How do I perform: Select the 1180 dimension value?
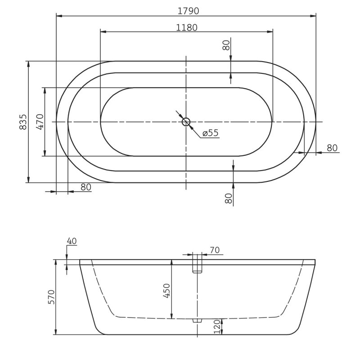(186, 27)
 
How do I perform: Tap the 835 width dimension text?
(24, 122)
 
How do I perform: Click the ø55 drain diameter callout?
(210, 133)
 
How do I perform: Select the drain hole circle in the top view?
(186, 121)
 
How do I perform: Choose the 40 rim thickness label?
(72, 241)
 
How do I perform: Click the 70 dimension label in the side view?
(214, 251)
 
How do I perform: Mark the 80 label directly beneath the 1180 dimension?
(226, 45)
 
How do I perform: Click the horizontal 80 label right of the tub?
(332, 148)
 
